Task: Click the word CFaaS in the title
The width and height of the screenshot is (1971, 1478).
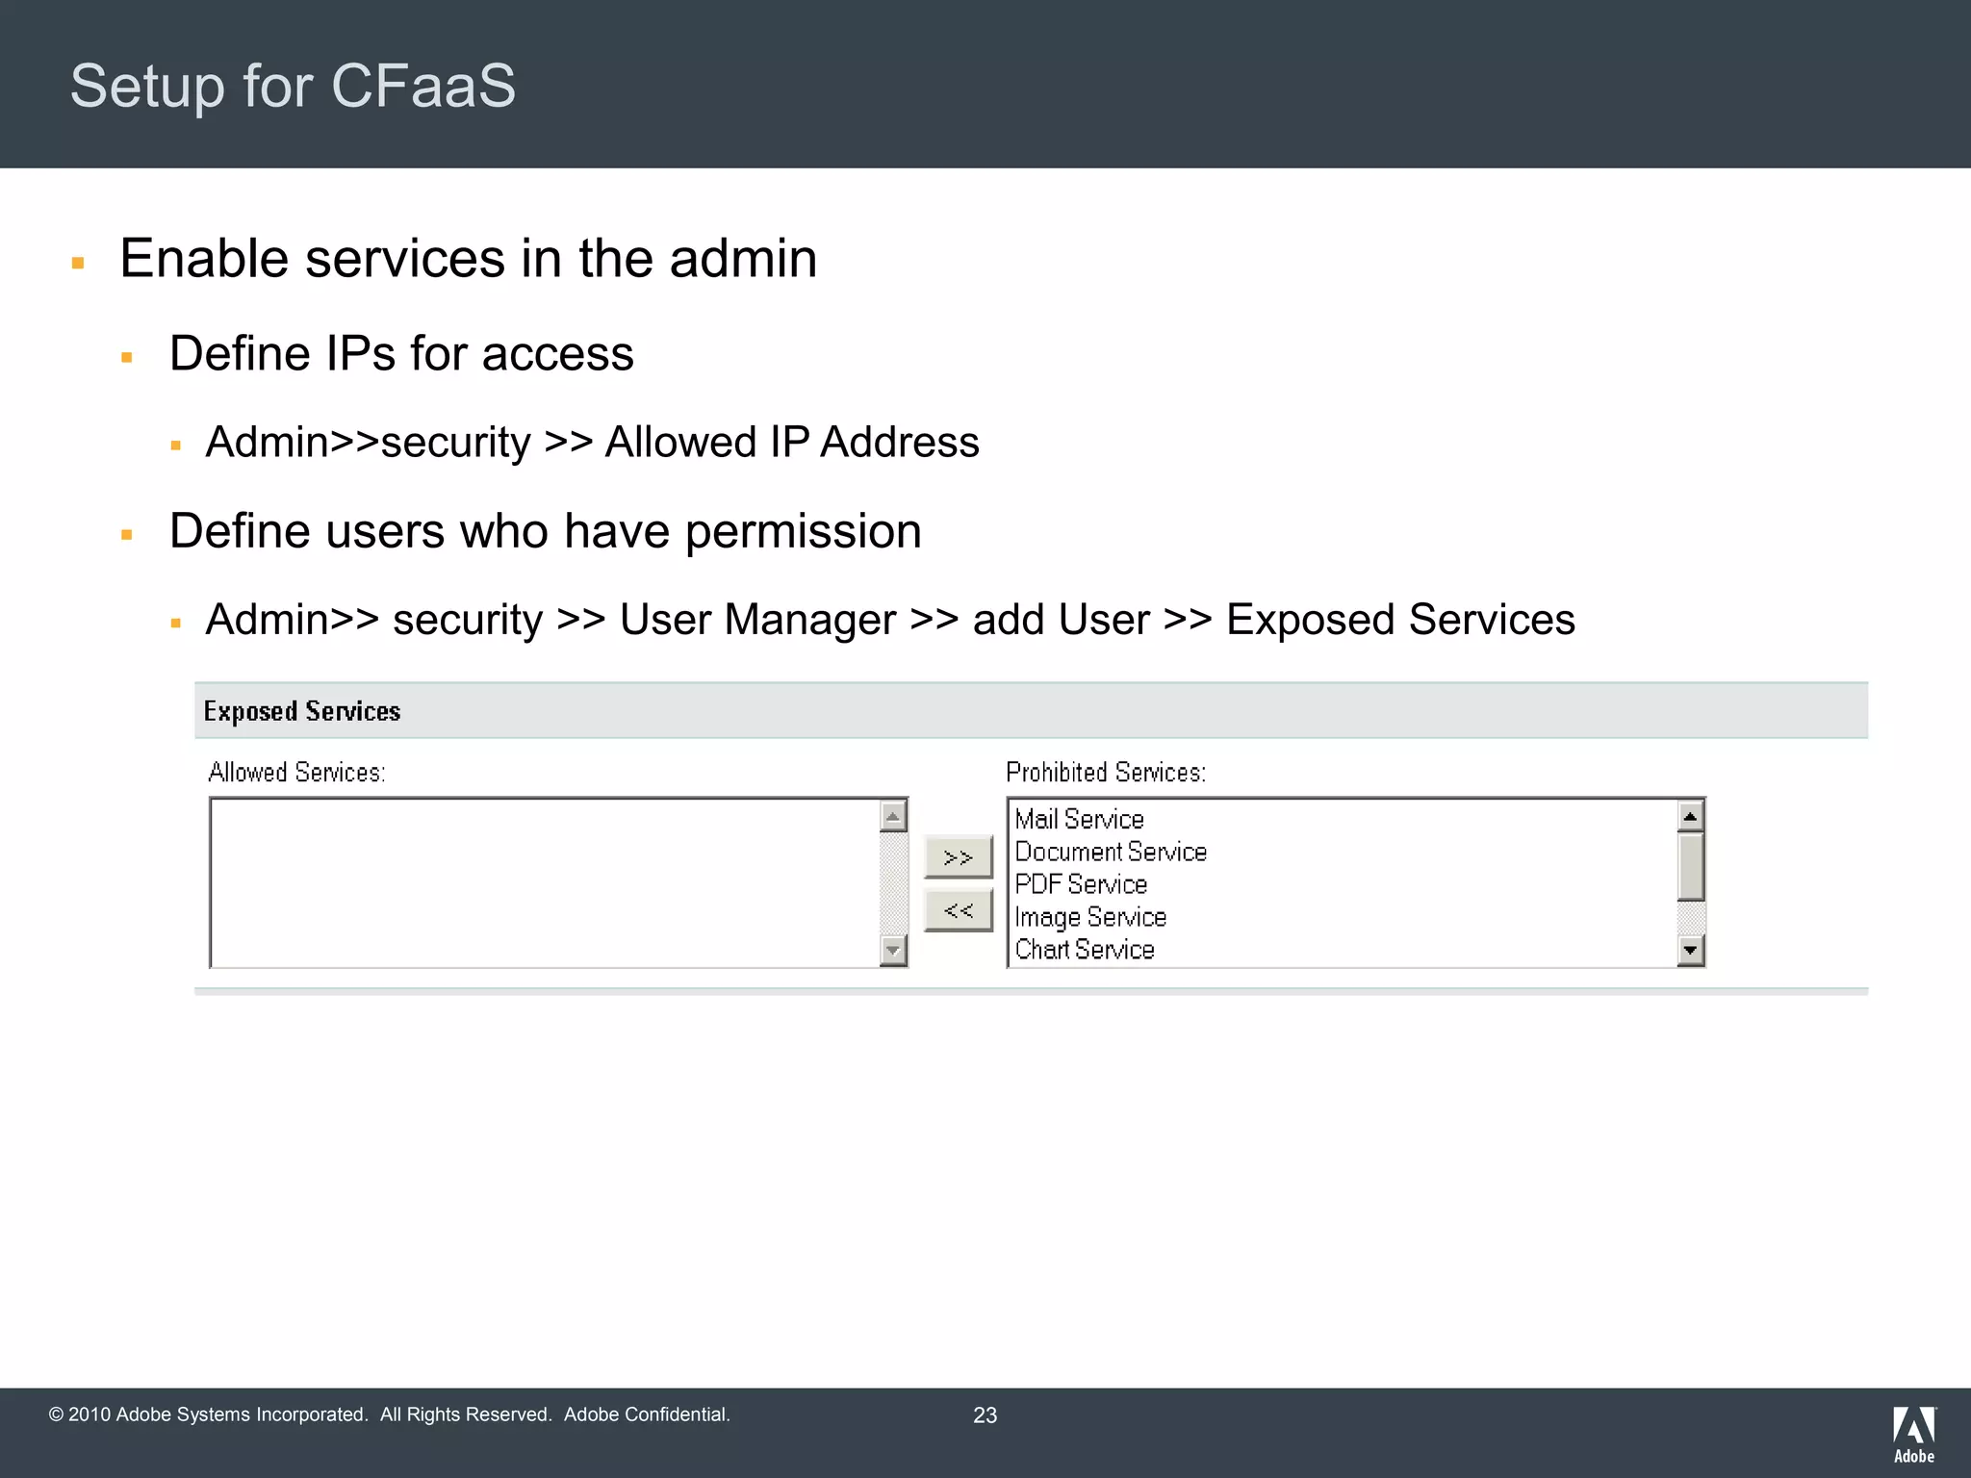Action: (423, 86)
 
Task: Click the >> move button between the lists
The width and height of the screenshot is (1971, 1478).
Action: (958, 857)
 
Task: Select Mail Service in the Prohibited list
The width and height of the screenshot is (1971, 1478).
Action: (1079, 819)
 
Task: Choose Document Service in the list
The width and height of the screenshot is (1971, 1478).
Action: (1110, 852)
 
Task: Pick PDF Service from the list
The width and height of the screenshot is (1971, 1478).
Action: (1081, 884)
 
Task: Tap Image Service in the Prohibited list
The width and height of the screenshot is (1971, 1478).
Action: (1089, 917)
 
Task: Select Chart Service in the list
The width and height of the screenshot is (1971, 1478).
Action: (1084, 950)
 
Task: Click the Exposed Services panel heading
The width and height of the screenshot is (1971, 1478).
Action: (301, 711)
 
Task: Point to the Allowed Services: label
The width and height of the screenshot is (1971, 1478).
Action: (296, 773)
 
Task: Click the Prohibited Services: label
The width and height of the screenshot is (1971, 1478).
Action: (1105, 773)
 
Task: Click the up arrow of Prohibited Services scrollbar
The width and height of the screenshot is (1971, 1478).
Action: (1690, 817)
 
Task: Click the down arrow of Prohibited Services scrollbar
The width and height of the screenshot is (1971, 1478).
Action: (1690, 951)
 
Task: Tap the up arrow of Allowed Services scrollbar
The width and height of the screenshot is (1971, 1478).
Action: (893, 817)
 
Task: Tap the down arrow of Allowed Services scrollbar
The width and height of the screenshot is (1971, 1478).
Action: (893, 951)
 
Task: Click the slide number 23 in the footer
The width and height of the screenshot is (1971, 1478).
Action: (985, 1415)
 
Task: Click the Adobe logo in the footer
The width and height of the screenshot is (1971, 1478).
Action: (1913, 1435)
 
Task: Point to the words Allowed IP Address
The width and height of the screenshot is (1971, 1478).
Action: (791, 443)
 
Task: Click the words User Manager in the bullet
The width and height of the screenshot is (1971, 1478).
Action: (757, 620)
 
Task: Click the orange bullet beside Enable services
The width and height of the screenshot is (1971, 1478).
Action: (78, 263)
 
